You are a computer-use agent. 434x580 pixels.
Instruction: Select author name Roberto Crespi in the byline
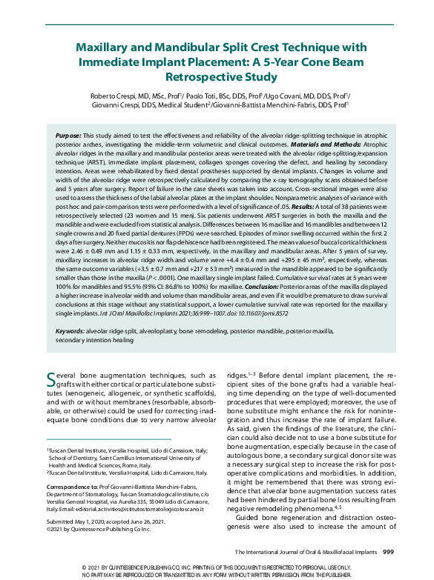tap(108, 97)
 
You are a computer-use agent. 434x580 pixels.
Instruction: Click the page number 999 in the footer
tap(387, 552)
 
